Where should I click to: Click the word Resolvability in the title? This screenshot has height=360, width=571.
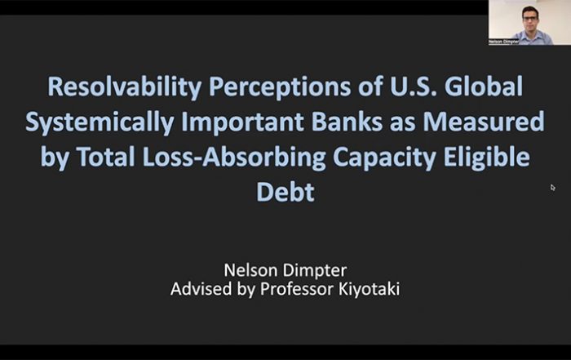click(x=125, y=87)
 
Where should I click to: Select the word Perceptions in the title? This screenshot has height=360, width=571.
click(x=280, y=87)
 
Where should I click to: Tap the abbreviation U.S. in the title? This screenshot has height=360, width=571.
click(x=413, y=86)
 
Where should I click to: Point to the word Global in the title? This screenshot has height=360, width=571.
click(x=484, y=86)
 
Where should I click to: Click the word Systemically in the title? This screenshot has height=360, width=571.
click(x=100, y=122)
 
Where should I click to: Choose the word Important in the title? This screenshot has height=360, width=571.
click(x=242, y=122)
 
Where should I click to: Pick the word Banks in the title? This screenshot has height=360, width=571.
click(x=347, y=122)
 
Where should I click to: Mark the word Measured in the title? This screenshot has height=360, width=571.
click(x=484, y=122)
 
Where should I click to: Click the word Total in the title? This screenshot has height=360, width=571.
click(x=106, y=156)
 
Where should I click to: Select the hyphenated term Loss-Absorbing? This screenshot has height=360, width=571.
click(x=234, y=158)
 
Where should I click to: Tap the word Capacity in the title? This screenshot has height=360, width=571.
click(x=384, y=158)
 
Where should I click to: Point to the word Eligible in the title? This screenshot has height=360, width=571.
click(x=486, y=158)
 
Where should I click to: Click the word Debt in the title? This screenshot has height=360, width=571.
click(x=285, y=192)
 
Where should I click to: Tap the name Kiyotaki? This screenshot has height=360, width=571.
click(x=369, y=290)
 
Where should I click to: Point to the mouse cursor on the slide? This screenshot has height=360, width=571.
click(x=552, y=187)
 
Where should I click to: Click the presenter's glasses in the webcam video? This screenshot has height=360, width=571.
click(x=530, y=18)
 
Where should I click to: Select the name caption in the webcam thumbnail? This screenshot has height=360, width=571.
click(x=503, y=42)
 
